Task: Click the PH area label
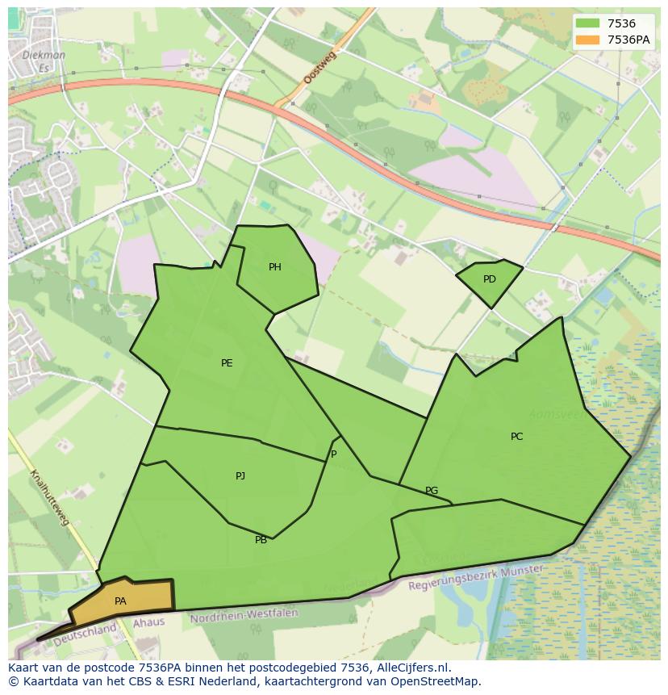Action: pos(275,267)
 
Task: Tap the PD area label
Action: pos(490,279)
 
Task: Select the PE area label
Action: pos(227,363)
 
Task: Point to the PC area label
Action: pos(516,437)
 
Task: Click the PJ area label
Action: pos(240,476)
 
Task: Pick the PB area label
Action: pos(261,540)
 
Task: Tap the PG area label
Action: pos(432,491)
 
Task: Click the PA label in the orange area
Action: pos(120,601)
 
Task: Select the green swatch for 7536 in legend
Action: pos(587,24)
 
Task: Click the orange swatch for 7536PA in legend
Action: pos(587,40)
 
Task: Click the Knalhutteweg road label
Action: pos(49,497)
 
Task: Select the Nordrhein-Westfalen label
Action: pos(244,615)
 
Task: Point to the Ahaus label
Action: pos(148,622)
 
